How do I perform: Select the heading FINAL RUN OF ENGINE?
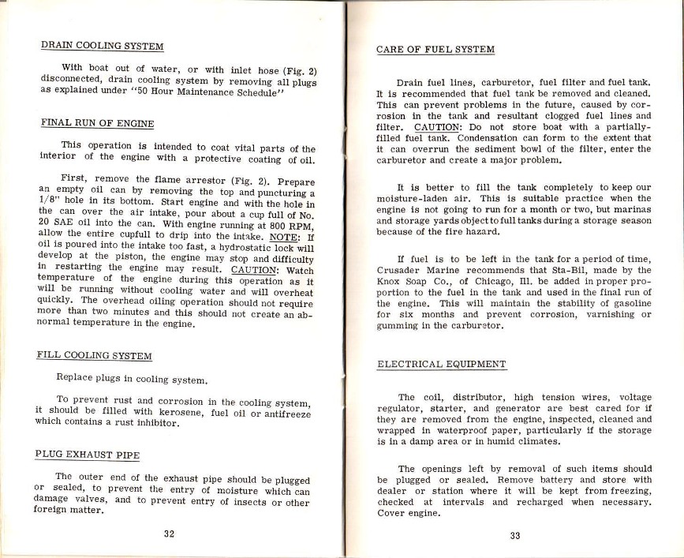pyautogui.click(x=96, y=123)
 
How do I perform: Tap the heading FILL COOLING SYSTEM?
pyautogui.click(x=95, y=356)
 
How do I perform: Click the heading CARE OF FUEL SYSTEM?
pyautogui.click(x=435, y=50)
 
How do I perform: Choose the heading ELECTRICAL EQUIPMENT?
pyautogui.click(x=442, y=365)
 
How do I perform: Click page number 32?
pyautogui.click(x=169, y=533)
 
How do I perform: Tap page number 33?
pyautogui.click(x=514, y=534)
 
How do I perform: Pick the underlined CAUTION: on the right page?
pyautogui.click(x=437, y=126)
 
